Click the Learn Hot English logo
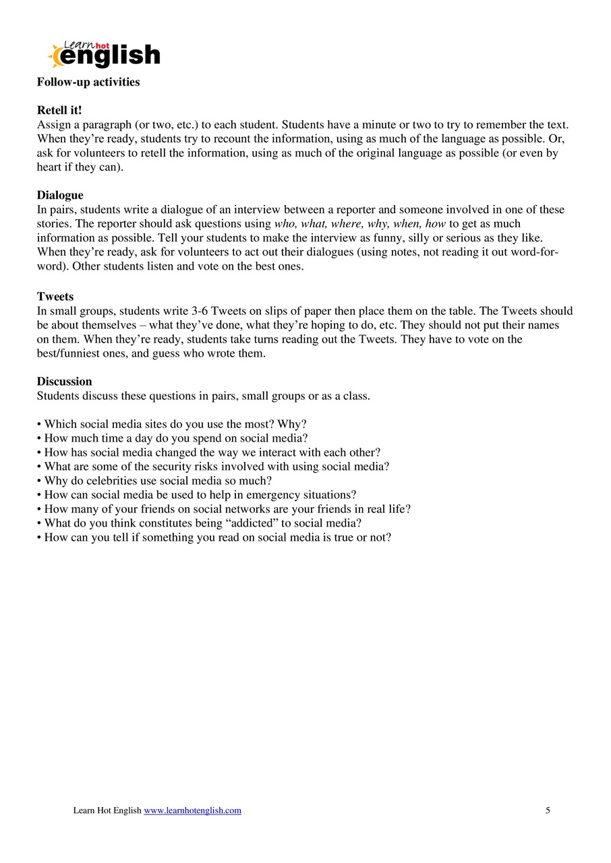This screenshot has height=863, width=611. pyautogui.click(x=104, y=54)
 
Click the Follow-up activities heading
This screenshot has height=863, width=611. pyautogui.click(x=88, y=82)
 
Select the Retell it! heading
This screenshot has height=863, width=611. pyautogui.click(x=59, y=111)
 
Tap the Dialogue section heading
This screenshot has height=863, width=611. pyautogui.click(x=60, y=196)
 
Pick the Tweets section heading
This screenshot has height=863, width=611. pyautogui.click(x=55, y=297)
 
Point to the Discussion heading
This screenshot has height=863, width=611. pyautogui.click(x=64, y=382)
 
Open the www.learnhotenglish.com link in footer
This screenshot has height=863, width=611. pyautogui.click(x=192, y=810)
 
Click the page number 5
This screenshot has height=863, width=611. pyautogui.click(x=548, y=810)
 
